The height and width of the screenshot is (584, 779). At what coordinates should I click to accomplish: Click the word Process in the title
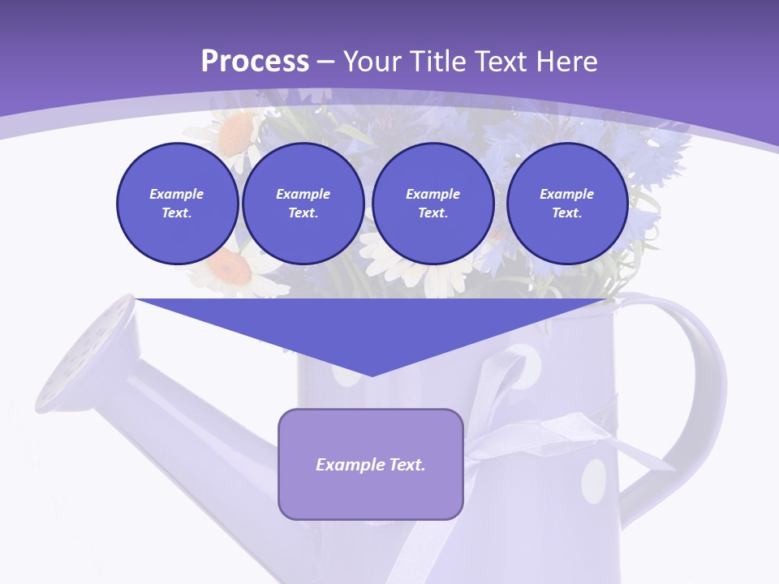click(255, 62)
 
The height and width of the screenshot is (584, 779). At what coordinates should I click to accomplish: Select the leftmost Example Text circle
click(177, 204)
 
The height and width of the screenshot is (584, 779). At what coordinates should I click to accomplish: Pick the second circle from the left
click(303, 204)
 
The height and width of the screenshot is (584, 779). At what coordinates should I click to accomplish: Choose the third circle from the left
click(433, 204)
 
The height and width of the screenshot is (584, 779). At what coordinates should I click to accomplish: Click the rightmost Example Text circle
click(566, 204)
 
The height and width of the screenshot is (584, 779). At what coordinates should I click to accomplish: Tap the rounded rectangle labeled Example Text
click(371, 464)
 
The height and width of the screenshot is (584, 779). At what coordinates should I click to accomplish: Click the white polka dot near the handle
click(595, 480)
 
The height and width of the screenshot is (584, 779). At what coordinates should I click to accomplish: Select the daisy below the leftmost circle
click(235, 272)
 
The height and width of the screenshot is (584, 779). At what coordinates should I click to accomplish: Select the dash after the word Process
click(325, 62)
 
